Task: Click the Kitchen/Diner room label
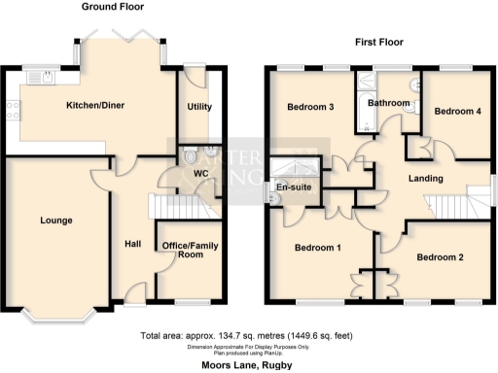point(95,104)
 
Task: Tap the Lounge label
point(56,220)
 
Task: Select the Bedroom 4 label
point(456,112)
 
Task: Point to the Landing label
point(425,179)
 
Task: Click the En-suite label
point(292,186)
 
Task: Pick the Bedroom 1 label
point(317,249)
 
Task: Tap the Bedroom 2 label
point(441,257)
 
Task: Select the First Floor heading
point(380,43)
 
